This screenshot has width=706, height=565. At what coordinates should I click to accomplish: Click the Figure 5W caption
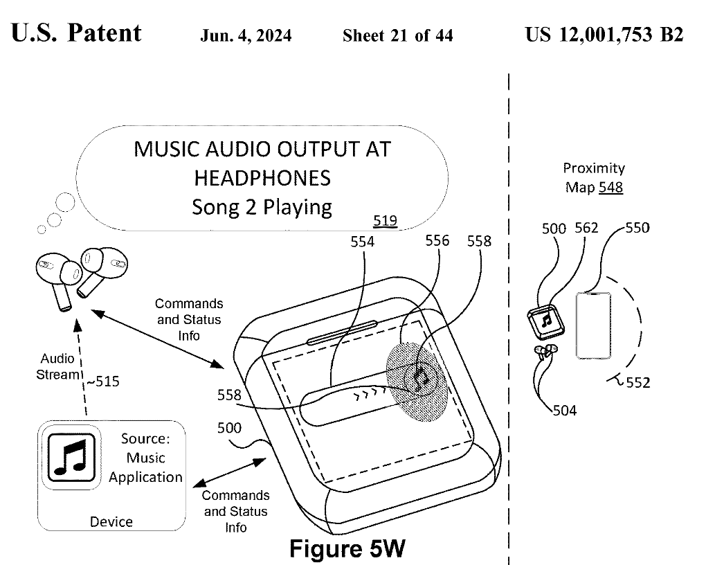346,548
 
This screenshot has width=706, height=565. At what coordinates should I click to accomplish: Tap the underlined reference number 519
385,221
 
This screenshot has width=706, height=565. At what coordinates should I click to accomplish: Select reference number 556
437,240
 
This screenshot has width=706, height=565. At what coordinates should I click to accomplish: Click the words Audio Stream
58,367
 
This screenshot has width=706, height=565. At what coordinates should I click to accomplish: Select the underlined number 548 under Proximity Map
612,187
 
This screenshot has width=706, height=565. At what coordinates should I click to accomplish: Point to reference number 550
637,228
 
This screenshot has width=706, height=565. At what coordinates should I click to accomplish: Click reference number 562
586,228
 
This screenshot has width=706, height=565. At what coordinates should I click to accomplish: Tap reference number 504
565,411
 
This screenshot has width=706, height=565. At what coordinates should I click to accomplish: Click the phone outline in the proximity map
593,325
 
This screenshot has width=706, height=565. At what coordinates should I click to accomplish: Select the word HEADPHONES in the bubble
262,178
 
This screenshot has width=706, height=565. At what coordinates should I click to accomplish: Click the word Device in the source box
111,521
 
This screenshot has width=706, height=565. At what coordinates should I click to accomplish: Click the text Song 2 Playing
262,207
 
